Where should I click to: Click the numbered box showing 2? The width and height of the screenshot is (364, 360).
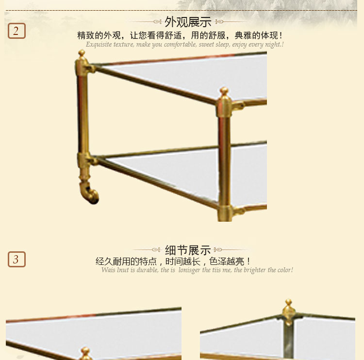[17, 31]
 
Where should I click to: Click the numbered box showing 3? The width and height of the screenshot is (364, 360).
[17, 259]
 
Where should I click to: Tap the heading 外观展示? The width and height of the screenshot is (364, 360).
[188, 22]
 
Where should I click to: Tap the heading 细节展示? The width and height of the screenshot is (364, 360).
[188, 250]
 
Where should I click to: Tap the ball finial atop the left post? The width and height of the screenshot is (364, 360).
[82, 53]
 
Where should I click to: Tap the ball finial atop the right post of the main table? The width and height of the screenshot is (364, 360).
[224, 91]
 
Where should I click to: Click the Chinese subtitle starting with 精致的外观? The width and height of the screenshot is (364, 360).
[180, 35]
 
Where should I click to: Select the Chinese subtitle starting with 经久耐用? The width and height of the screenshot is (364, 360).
[173, 262]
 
